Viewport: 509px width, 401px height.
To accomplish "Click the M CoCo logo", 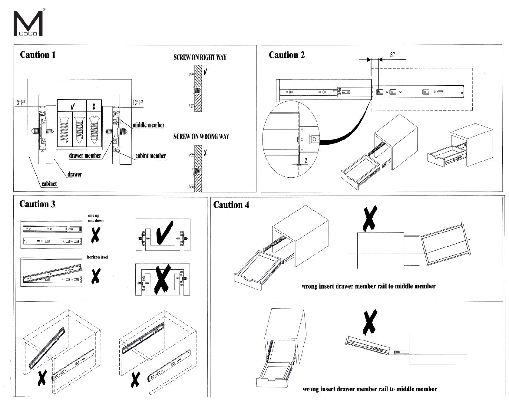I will click(x=28, y=24).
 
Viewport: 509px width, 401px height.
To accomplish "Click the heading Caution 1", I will click(x=38, y=55).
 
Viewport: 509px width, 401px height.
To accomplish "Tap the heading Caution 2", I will click(x=287, y=55).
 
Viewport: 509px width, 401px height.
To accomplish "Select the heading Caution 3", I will click(x=37, y=204).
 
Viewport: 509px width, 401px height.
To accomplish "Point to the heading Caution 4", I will click(x=231, y=205).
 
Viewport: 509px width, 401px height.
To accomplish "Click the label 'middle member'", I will click(x=148, y=125).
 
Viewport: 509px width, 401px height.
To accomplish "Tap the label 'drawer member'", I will click(x=85, y=156).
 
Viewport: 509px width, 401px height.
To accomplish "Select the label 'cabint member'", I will click(x=151, y=156).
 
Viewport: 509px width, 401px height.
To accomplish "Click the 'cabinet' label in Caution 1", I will click(x=49, y=184).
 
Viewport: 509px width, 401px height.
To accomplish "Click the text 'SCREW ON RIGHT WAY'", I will click(x=200, y=57).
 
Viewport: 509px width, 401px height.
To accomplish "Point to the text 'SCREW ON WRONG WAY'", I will click(x=201, y=137).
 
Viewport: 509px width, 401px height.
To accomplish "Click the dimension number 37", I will click(x=393, y=55).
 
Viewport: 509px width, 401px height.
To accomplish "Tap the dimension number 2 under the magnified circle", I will click(x=306, y=160).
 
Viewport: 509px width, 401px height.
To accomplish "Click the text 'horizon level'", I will click(x=97, y=257).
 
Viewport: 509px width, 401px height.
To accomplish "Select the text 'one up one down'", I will click(x=96, y=218).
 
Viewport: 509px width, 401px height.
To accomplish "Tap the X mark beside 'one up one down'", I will click(x=95, y=236).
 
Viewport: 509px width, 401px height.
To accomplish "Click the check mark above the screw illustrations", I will click(x=73, y=106).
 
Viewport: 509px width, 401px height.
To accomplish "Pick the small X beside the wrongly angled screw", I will click(x=206, y=153).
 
